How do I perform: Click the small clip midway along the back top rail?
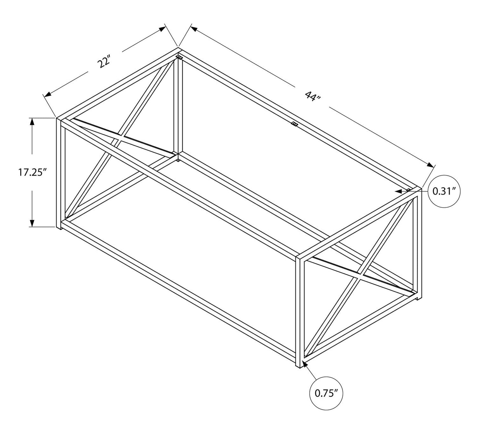point(294,124)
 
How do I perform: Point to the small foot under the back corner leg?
point(178,160)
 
